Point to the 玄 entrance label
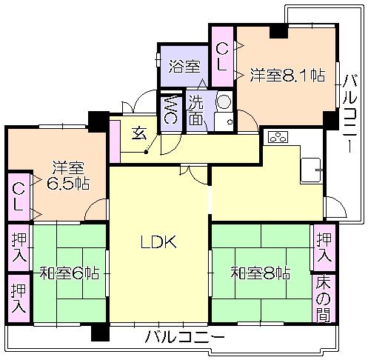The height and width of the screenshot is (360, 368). click(x=138, y=133)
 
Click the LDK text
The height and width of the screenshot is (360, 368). click(x=158, y=241)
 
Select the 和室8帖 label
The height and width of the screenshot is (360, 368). click(x=259, y=273)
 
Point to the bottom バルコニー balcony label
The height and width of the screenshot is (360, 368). click(x=184, y=338)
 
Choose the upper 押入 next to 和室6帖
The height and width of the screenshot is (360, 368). click(x=19, y=248)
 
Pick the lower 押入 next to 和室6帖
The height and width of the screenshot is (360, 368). click(x=19, y=298)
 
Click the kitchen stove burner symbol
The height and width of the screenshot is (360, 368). click(x=278, y=136)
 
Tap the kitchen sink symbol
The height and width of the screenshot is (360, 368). click(x=311, y=169)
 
